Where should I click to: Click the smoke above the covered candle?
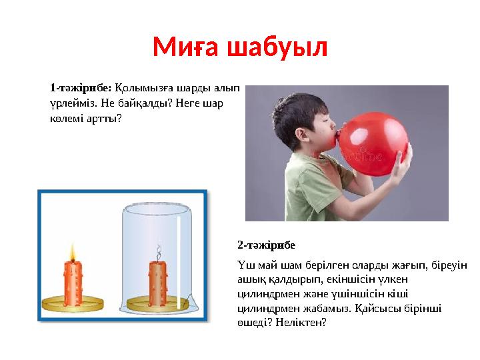[x=159, y=253]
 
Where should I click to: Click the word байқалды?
[x=141, y=103]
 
